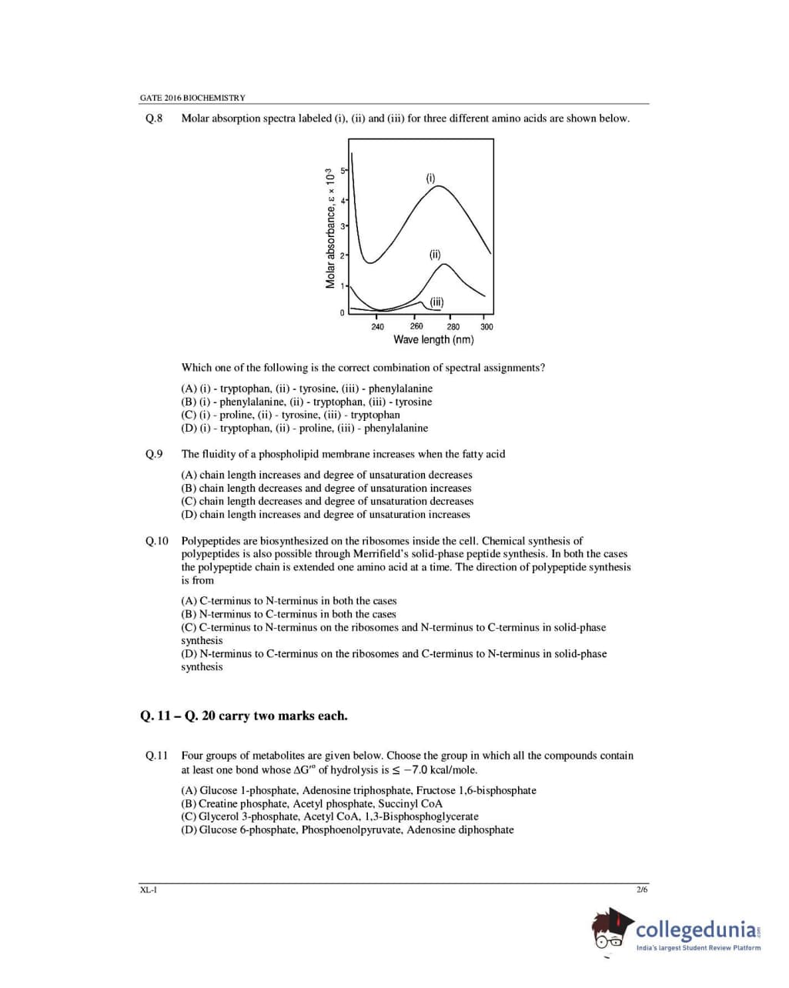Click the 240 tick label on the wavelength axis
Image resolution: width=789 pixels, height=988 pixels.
377,327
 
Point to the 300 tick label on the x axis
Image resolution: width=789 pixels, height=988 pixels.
486,327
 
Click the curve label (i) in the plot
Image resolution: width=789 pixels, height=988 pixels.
431,178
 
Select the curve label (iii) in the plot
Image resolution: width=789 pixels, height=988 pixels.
436,302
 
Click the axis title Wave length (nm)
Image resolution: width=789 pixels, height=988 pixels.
433,339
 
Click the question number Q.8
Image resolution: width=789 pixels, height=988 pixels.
154,118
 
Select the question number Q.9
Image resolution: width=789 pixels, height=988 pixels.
154,454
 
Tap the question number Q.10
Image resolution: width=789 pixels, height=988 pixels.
156,541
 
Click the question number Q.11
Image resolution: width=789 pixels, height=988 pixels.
156,756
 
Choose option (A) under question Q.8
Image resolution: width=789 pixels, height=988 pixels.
306,389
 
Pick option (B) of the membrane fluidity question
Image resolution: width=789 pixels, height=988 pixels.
326,488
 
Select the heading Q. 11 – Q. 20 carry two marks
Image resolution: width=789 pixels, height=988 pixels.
244,716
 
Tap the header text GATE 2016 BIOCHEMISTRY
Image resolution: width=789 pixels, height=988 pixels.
192,98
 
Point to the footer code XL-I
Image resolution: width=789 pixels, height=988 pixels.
148,890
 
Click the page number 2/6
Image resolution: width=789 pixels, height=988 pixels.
642,890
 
